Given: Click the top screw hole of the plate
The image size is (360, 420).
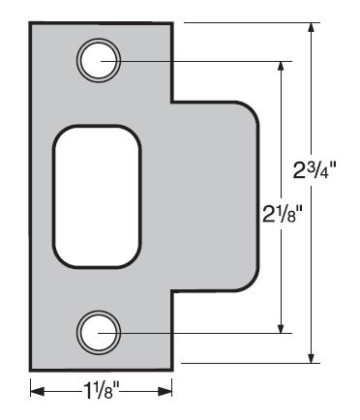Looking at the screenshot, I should [98, 59].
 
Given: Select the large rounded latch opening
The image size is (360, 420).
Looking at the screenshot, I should [98, 196].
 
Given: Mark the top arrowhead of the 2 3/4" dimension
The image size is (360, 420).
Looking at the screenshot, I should [312, 28].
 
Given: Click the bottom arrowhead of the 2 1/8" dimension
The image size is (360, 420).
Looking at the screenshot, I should [282, 326].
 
